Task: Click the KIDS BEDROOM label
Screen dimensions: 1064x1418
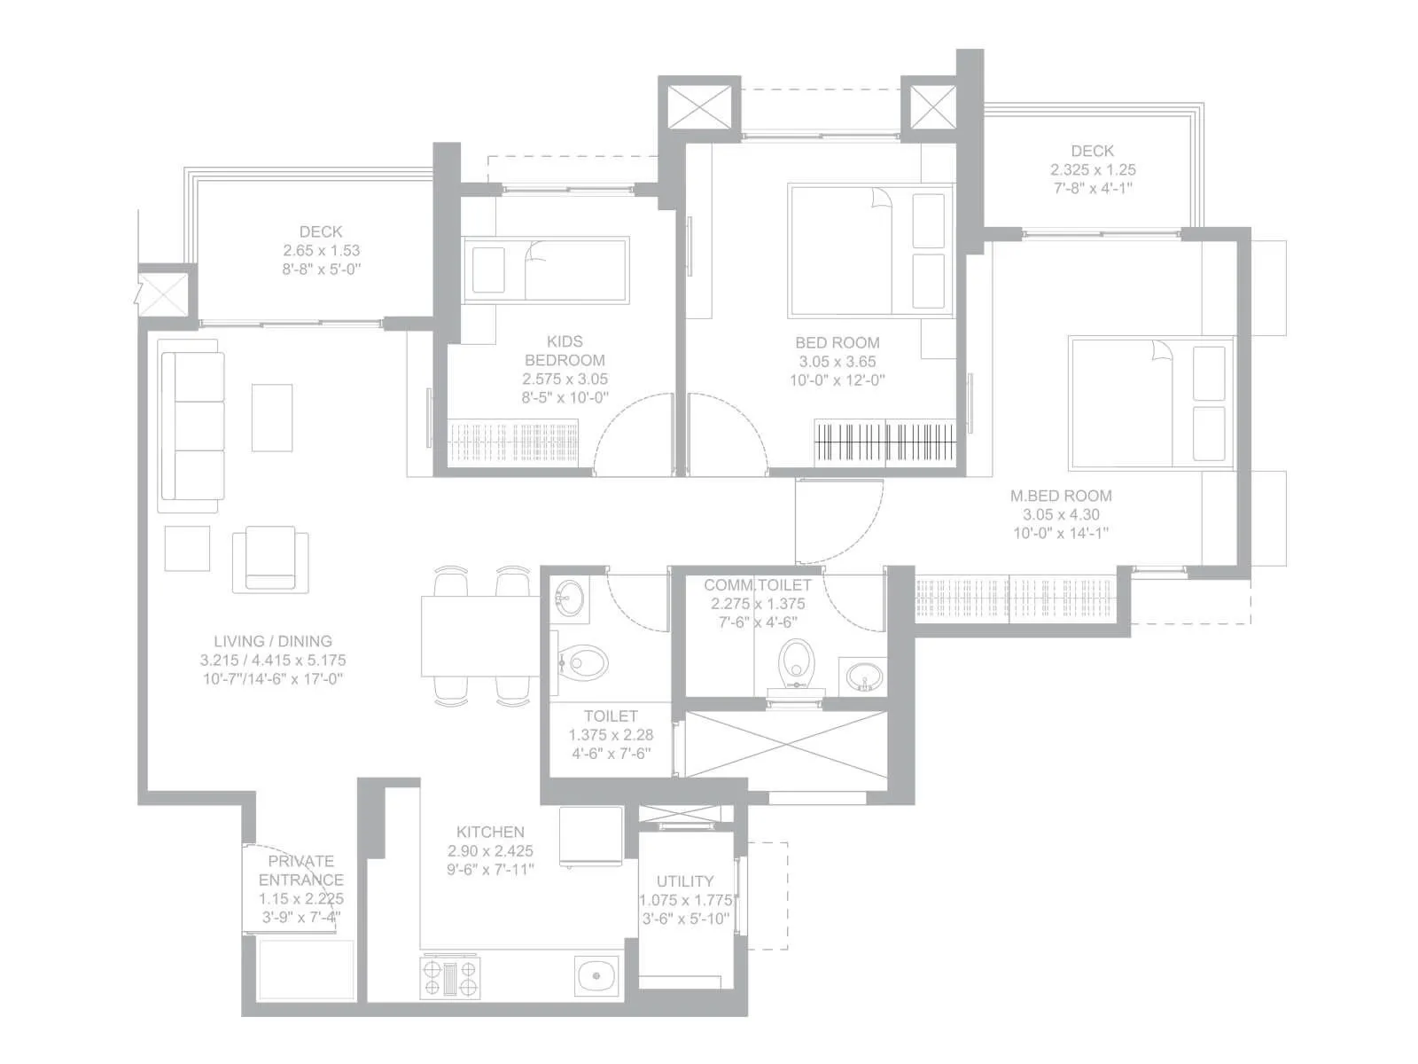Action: [565, 350]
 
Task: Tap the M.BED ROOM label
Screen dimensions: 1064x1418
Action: [1061, 496]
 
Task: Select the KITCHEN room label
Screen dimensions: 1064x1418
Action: [490, 832]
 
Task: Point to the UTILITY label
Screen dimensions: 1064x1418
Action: [685, 880]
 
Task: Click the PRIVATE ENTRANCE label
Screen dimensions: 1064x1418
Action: [301, 870]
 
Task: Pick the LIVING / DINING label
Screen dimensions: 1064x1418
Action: [273, 640]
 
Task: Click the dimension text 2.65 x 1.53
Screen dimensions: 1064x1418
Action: [322, 250]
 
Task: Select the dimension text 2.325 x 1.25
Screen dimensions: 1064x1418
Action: [1093, 169]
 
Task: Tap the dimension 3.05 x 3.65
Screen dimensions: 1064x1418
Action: [838, 361]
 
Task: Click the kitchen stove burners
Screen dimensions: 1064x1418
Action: [449, 977]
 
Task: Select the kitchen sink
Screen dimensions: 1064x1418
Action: [596, 977]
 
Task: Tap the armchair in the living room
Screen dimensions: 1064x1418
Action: [270, 559]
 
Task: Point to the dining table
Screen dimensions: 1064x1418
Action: [479, 636]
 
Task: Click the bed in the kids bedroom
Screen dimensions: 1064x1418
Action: [545, 270]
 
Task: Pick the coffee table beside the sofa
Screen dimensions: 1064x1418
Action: [272, 417]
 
